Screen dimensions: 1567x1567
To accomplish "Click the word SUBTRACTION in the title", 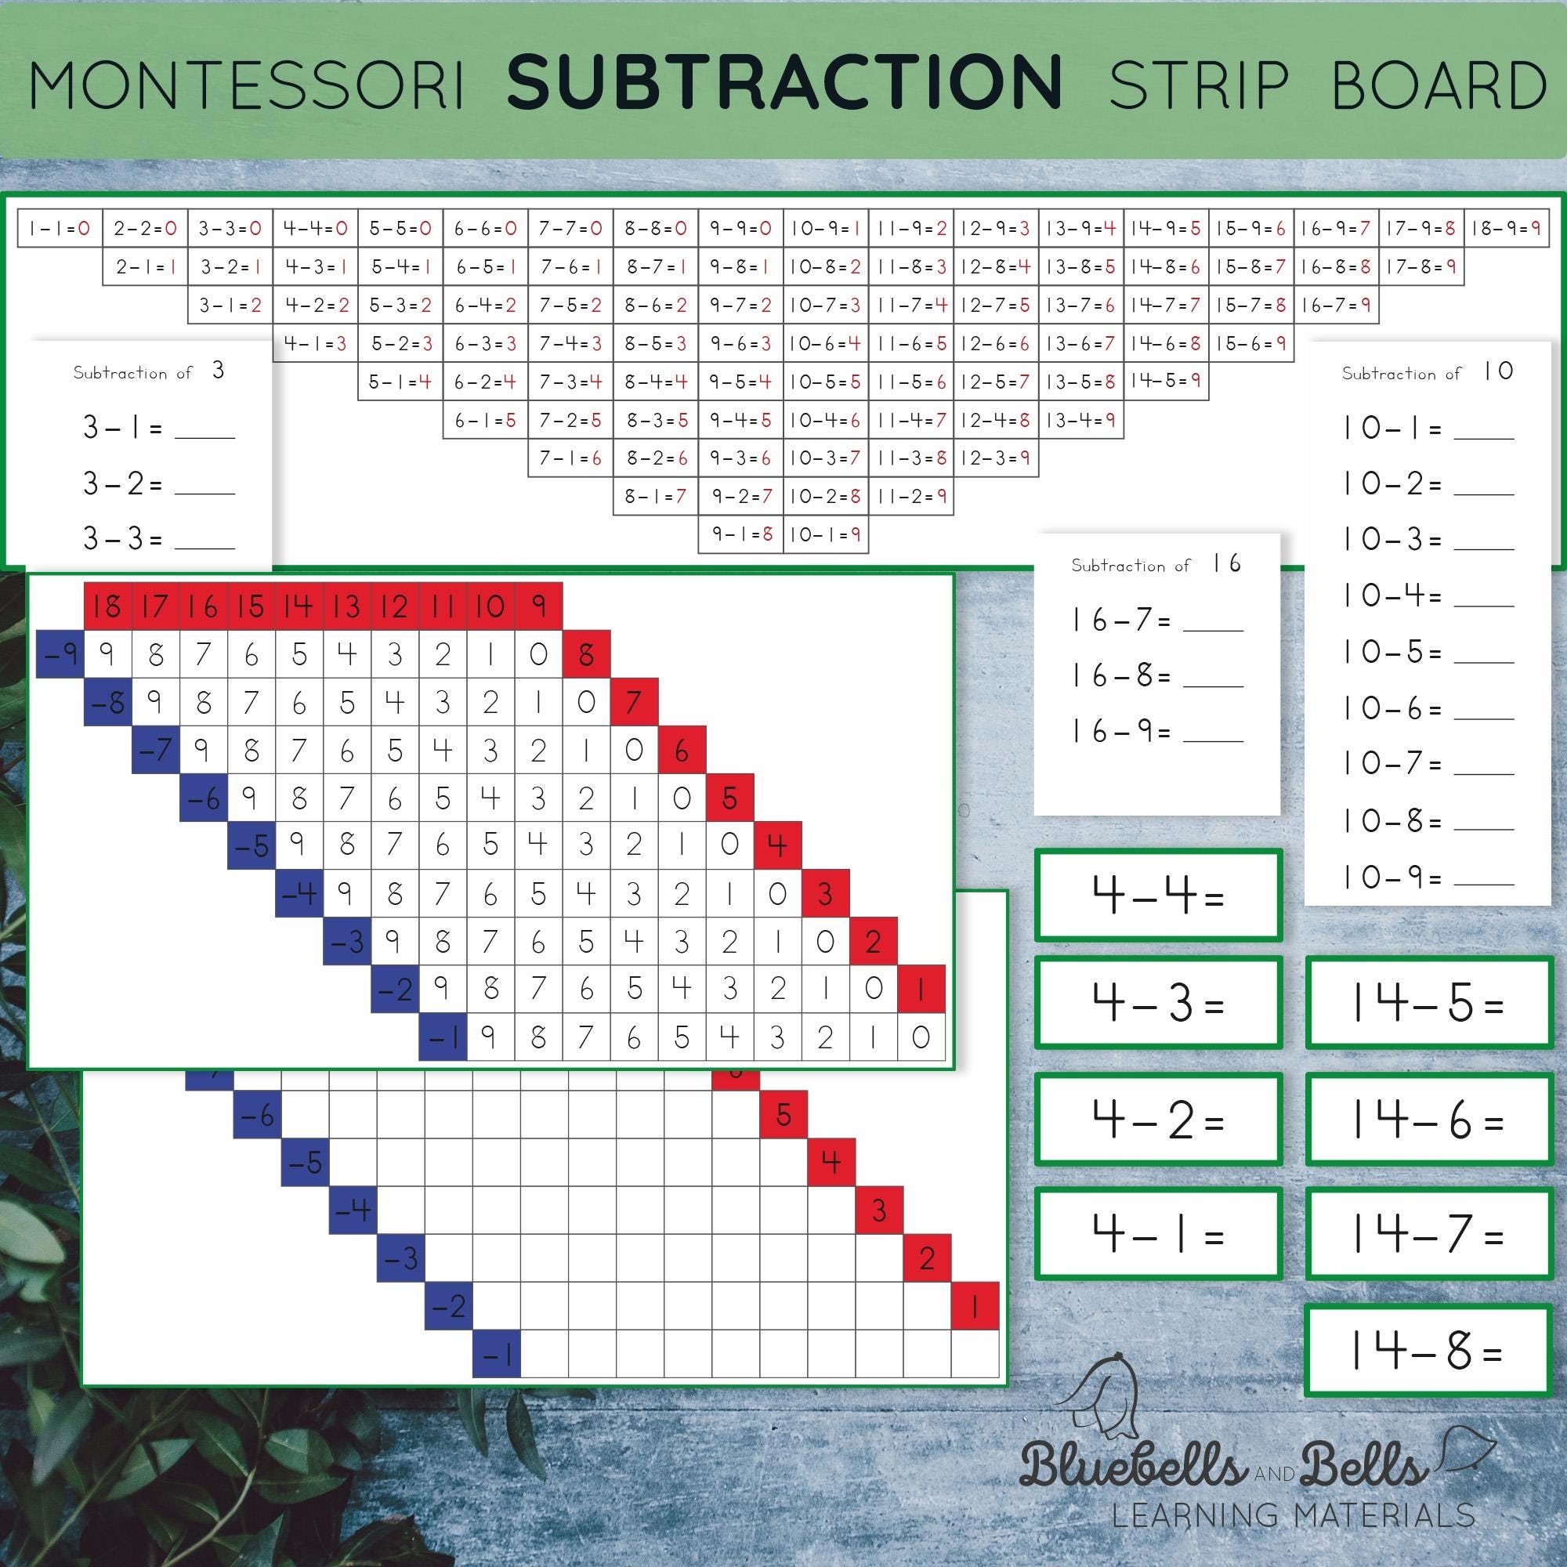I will (x=784, y=83).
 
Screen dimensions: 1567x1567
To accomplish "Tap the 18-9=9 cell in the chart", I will (x=1505, y=229).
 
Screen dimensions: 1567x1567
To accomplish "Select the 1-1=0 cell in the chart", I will (x=60, y=229).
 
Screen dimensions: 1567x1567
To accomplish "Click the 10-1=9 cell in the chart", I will (x=826, y=534).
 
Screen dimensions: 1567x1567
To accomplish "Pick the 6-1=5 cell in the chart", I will (x=485, y=420).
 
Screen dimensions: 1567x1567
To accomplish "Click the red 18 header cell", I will (x=108, y=606).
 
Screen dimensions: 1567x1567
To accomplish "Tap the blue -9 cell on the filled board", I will (x=61, y=653).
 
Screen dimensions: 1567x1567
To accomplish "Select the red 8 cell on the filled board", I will (x=586, y=653).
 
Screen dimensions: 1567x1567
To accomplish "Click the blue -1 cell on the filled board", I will (x=443, y=1037).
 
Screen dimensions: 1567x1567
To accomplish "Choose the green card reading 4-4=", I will (x=1157, y=896).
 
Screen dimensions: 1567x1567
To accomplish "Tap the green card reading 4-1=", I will (x=1157, y=1234).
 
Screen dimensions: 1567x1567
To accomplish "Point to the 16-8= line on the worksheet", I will (x=1156, y=675).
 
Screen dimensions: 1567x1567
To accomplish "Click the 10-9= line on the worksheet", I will (x=1428, y=878).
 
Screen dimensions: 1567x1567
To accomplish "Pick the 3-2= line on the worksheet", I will (x=158, y=484).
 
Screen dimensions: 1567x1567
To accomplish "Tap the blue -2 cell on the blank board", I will (x=448, y=1306).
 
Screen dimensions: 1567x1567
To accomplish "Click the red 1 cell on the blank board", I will (x=974, y=1306).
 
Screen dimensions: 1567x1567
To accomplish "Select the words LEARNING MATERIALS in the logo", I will (x=1293, y=1515).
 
